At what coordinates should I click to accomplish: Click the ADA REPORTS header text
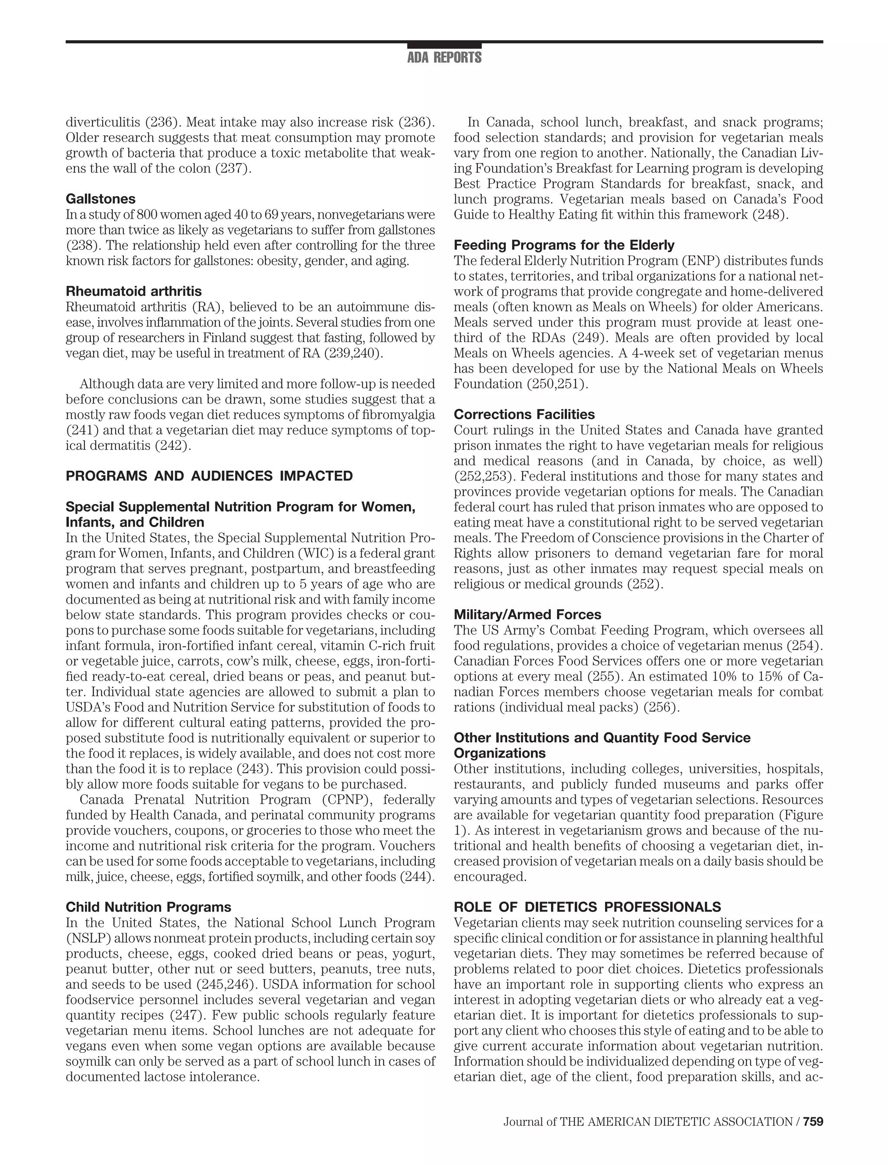coord(444,58)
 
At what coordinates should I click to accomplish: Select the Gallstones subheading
coord(100,199)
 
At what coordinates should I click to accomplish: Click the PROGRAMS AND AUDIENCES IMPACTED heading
coord(209,476)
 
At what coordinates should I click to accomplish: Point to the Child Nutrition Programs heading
coord(149,908)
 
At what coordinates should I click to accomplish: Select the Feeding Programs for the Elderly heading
coord(564,246)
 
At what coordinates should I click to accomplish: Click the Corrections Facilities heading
coord(524,414)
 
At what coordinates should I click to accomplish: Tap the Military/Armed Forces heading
coord(528,615)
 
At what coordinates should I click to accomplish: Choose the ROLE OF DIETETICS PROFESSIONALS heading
coord(587,908)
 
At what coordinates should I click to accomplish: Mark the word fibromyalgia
coord(401,415)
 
